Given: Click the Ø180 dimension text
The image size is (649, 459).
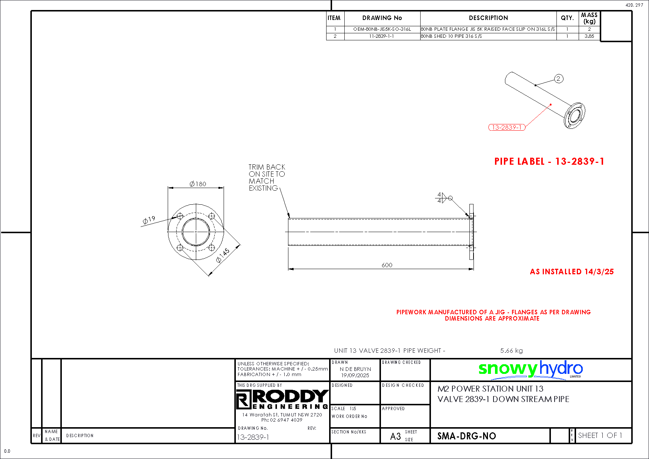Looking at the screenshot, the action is (x=198, y=184).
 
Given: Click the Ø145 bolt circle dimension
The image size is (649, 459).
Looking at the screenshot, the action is (x=223, y=255).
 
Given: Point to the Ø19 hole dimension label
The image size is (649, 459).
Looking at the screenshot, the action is (x=149, y=221).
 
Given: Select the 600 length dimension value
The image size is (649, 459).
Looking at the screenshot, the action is (x=387, y=265).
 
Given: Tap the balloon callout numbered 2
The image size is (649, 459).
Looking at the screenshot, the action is (x=559, y=78).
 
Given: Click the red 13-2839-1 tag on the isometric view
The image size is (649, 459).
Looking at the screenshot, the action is (x=507, y=127).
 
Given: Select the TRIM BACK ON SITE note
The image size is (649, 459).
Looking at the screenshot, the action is (x=267, y=178).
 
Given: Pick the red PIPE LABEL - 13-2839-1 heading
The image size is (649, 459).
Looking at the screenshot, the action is (x=549, y=161).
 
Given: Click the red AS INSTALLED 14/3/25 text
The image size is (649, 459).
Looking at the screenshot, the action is (x=572, y=272).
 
